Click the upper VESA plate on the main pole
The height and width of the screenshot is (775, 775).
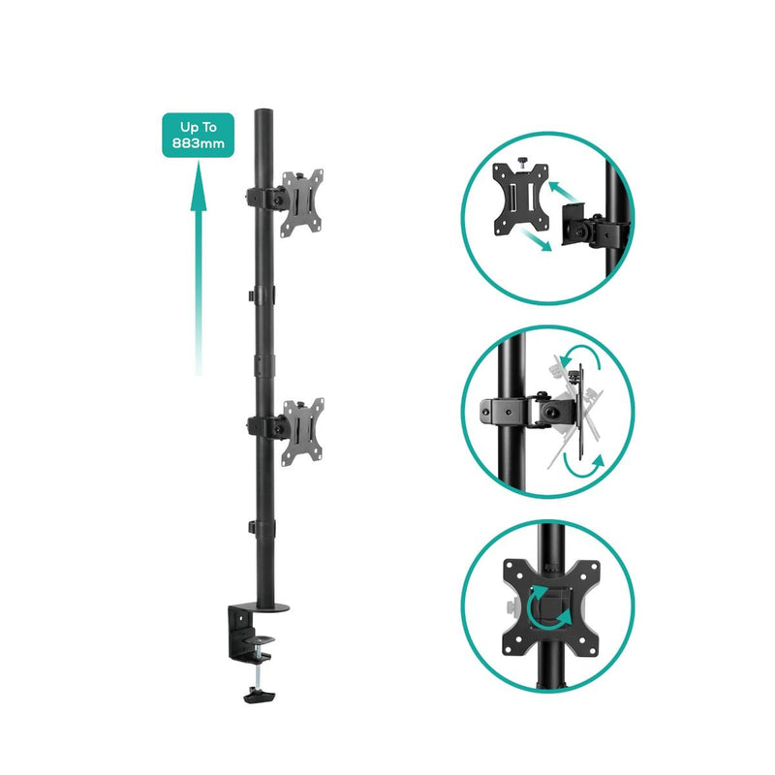301,201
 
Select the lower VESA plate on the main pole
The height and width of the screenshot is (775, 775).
300,427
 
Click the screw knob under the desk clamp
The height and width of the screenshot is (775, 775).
258,693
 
